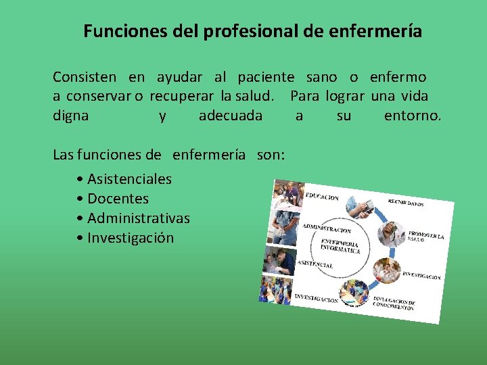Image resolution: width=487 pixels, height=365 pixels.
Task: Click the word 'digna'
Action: click(70, 116)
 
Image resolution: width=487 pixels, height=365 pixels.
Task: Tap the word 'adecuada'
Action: click(230, 116)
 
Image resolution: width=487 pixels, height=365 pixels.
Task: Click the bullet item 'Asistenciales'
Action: click(129, 179)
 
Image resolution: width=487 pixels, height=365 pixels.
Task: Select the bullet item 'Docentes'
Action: click(118, 199)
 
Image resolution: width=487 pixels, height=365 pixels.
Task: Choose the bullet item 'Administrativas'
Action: click(139, 218)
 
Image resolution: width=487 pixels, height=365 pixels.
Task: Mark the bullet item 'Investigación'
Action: click(131, 238)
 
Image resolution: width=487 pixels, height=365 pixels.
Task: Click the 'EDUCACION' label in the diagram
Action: click(322, 197)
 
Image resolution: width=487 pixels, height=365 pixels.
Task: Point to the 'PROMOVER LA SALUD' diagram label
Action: click(425, 237)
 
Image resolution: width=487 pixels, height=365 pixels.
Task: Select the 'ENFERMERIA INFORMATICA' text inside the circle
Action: click(340, 246)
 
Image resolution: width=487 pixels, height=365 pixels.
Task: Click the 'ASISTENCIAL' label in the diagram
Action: click(315, 264)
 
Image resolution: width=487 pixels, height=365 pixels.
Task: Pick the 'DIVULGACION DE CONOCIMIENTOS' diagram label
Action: click(394, 304)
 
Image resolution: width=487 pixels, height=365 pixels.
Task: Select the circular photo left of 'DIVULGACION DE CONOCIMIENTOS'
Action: click(354, 292)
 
